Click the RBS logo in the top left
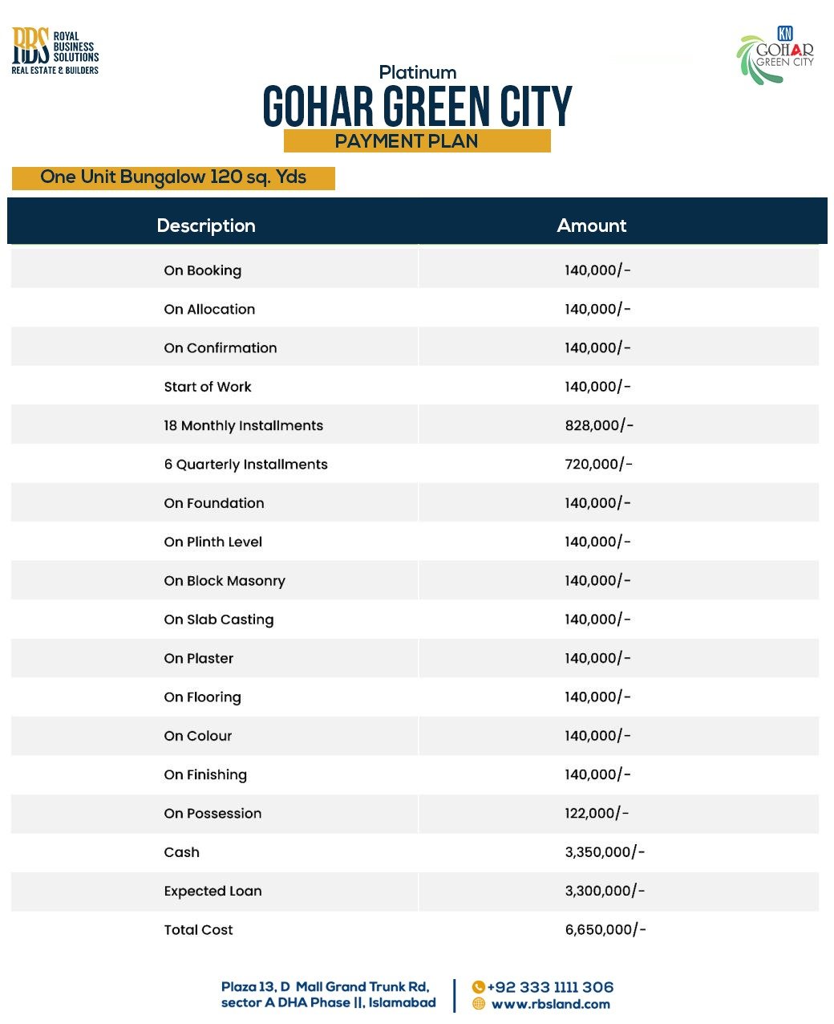55,51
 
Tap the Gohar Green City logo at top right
775,55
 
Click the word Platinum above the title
417,72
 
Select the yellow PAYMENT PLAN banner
416,141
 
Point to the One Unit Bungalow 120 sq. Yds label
173,177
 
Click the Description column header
206,226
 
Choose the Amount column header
591,226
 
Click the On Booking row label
202,270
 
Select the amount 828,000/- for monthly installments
598,425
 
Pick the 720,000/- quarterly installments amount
598,464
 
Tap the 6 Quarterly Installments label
245,464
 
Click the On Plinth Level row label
213,542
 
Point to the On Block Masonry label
225,581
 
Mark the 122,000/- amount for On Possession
597,813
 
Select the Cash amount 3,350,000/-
605,852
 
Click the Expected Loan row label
213,891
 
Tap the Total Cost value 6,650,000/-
605,929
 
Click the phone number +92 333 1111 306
550,987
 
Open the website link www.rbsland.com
550,1004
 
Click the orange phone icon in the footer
479,987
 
